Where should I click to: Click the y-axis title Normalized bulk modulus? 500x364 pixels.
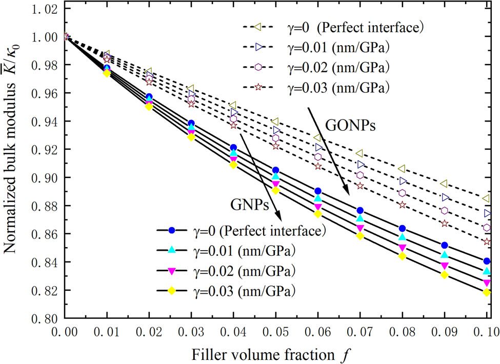click(x=11, y=163)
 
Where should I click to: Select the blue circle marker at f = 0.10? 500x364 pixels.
click(x=487, y=261)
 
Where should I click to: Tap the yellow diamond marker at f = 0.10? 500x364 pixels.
click(x=487, y=292)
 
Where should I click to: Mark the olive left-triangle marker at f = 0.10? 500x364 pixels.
click(x=486, y=198)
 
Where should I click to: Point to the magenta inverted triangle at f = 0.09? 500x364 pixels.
click(x=445, y=266)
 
